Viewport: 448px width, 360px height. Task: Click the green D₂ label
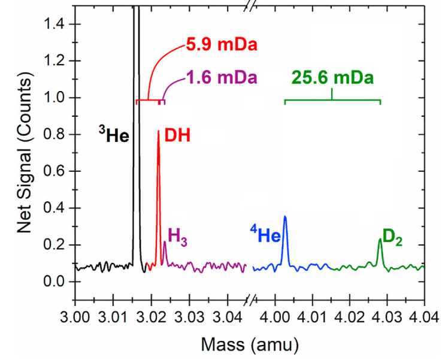click(392, 237)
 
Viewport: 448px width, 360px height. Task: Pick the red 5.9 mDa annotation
click(221, 46)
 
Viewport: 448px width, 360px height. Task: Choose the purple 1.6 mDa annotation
click(221, 77)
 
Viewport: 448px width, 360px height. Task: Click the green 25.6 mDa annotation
click(332, 77)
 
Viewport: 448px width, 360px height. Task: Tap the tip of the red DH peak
click(158, 131)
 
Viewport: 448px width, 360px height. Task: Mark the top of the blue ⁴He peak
click(285, 216)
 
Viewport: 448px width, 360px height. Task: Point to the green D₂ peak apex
click(380, 240)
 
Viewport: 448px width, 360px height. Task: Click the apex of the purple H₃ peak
click(165, 242)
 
